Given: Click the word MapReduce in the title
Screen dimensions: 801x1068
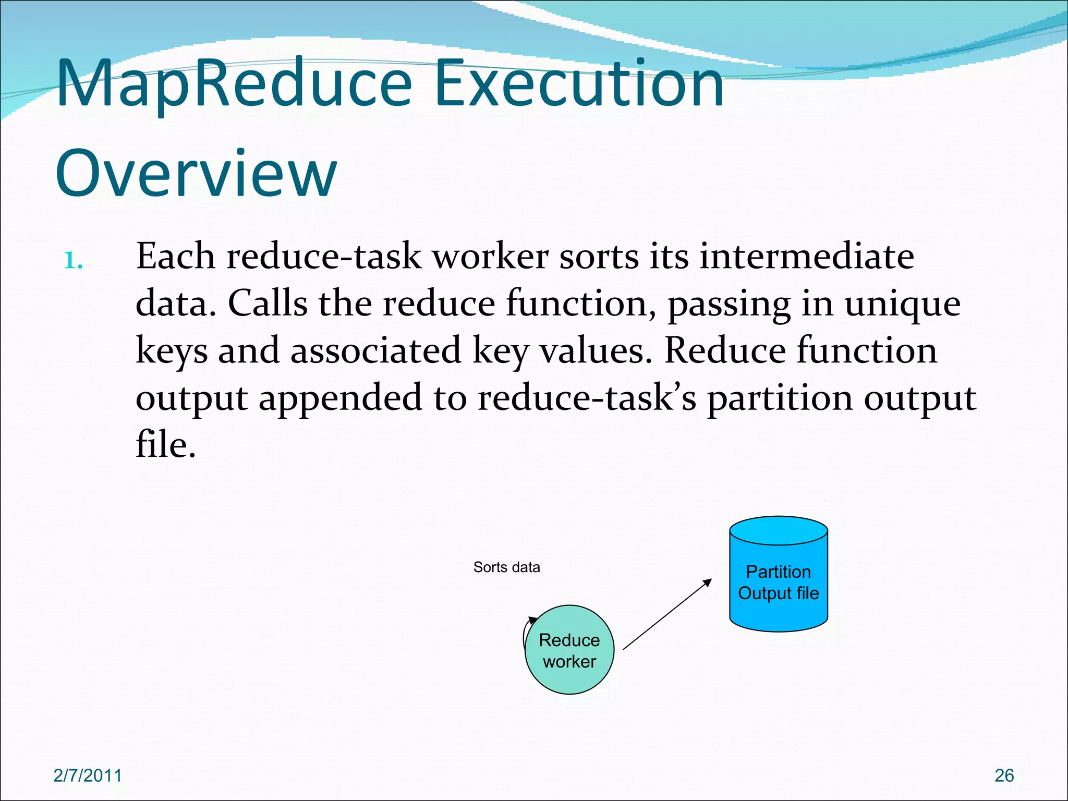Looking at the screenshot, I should pos(235,83).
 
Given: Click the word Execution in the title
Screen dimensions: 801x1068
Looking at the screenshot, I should pos(579,83).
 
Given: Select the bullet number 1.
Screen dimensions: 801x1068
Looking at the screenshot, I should pos(73,260).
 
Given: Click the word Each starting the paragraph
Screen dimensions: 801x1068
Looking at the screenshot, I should pos(175,257).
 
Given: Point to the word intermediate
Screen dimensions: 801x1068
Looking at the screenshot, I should pos(806,257).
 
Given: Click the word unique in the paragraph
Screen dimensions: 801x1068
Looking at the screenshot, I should pos(902,304).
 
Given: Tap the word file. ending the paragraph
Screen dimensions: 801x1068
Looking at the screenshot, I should pos(165,445).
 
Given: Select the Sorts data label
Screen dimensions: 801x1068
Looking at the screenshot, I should pos(506,567).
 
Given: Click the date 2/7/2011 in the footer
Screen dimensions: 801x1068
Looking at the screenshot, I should pos(88,775).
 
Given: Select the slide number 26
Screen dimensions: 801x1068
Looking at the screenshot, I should pos(1004,775).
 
